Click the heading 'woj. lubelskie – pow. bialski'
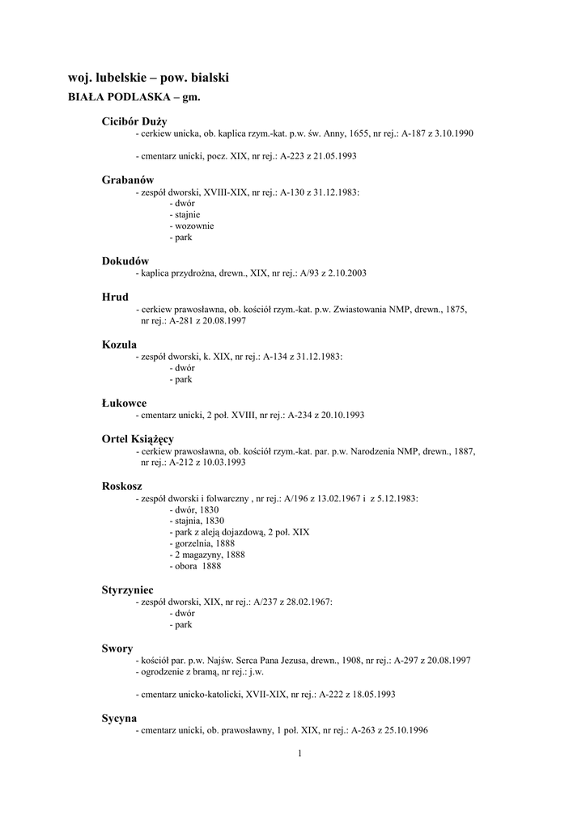[x=149, y=78]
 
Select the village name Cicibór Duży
[x=134, y=120]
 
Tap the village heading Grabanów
[x=128, y=179]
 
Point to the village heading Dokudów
[x=125, y=261]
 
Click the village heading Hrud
[x=115, y=297]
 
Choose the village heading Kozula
[x=119, y=344]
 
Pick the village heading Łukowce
[x=124, y=403]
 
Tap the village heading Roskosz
[x=123, y=486]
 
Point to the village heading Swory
[x=117, y=648]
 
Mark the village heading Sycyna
[x=119, y=718]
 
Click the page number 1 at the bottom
[x=299, y=754]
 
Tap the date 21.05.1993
[x=335, y=155]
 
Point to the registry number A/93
[x=312, y=273]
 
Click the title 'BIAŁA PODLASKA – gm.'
[x=133, y=97]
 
